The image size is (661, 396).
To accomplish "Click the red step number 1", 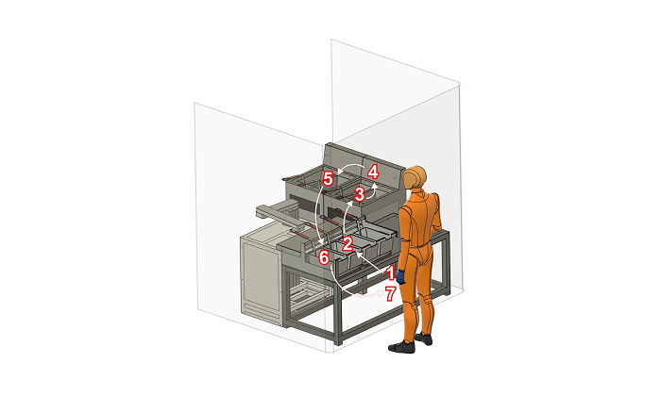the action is [391, 273].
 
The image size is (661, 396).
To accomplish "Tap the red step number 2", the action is [347, 244].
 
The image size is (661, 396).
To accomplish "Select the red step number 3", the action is [359, 195].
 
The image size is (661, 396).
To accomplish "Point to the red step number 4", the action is [373, 173].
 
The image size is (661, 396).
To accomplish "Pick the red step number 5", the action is [328, 179].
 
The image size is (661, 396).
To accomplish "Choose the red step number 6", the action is [323, 257].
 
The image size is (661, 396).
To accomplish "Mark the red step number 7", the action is [391, 294].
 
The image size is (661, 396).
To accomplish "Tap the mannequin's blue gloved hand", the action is [400, 276].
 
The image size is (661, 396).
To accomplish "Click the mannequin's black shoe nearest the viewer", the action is [401, 347].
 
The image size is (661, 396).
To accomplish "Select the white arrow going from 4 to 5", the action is [350, 168].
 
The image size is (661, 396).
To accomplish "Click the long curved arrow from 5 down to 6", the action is [317, 215].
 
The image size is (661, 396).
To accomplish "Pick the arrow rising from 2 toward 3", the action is [346, 219].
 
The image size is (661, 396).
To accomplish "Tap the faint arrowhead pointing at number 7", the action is [381, 293].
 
